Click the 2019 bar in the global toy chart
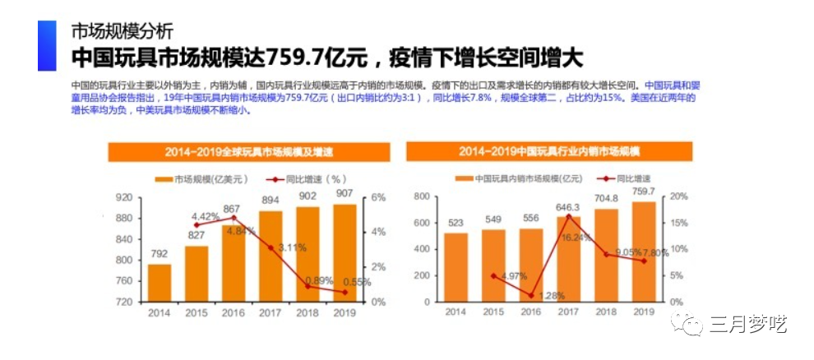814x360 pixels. point(345,252)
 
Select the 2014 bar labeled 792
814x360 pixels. point(160,283)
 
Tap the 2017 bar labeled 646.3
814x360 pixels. point(568,259)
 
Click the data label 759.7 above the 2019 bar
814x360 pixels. point(643,192)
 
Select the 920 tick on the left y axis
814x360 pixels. point(123,197)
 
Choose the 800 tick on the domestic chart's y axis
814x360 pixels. point(422,196)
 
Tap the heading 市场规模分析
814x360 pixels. point(123,32)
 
